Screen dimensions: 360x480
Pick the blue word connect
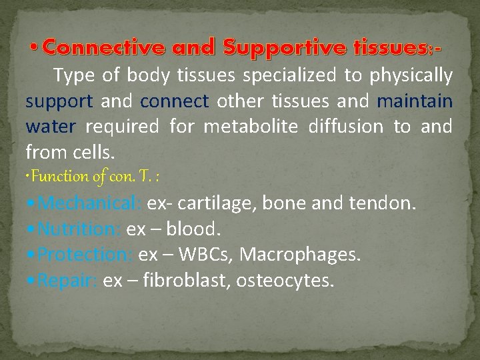coord(175,102)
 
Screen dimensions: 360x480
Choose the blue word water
coord(48,127)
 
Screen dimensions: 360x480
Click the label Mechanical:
coord(89,203)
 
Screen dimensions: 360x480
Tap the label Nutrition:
coord(79,229)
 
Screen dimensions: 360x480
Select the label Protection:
coord(85,255)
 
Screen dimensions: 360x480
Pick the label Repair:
coord(67,281)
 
